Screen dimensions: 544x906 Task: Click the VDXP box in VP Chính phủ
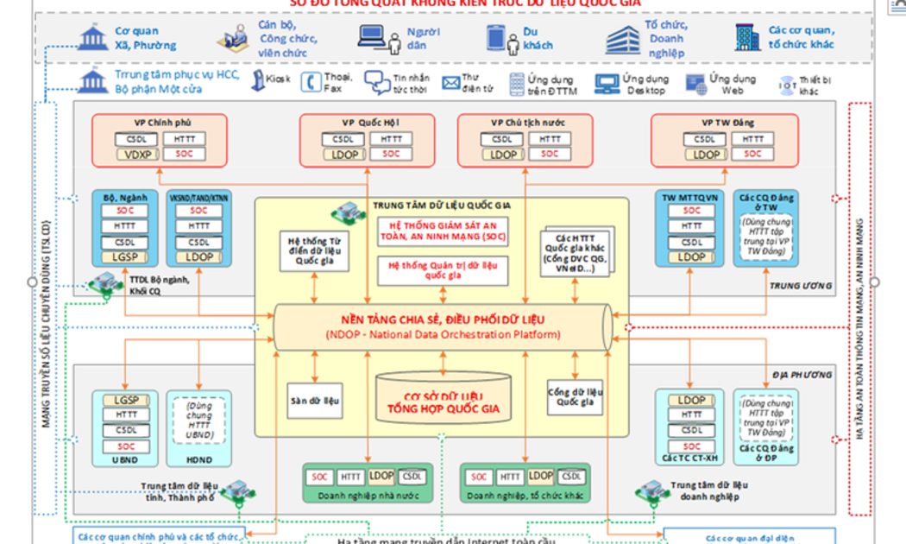coord(137,155)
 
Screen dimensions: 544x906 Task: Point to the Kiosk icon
coord(258,81)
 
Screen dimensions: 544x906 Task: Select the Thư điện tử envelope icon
coord(450,83)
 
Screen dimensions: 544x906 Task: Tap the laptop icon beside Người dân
coord(372,37)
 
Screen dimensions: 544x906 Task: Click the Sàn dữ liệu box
coord(314,401)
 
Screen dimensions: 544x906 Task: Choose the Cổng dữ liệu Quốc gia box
coord(574,396)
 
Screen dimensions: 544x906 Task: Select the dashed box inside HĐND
coord(199,420)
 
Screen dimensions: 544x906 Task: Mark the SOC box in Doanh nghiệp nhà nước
coord(320,477)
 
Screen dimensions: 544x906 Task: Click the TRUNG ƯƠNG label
coord(800,286)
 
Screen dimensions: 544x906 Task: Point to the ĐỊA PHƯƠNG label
coord(802,375)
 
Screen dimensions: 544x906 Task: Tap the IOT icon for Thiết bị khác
coord(787,84)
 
